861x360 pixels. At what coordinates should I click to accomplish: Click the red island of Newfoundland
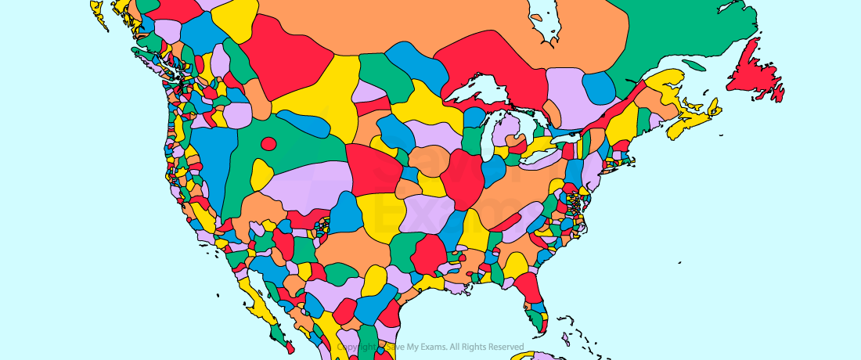click(x=755, y=74)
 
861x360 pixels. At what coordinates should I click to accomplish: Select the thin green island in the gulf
click(x=693, y=65)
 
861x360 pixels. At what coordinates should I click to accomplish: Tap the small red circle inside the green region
click(x=268, y=143)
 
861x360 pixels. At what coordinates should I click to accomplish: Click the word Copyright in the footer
click(x=351, y=347)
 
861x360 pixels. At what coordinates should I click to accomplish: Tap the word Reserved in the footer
click(x=504, y=347)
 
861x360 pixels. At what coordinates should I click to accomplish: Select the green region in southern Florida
click(x=537, y=318)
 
